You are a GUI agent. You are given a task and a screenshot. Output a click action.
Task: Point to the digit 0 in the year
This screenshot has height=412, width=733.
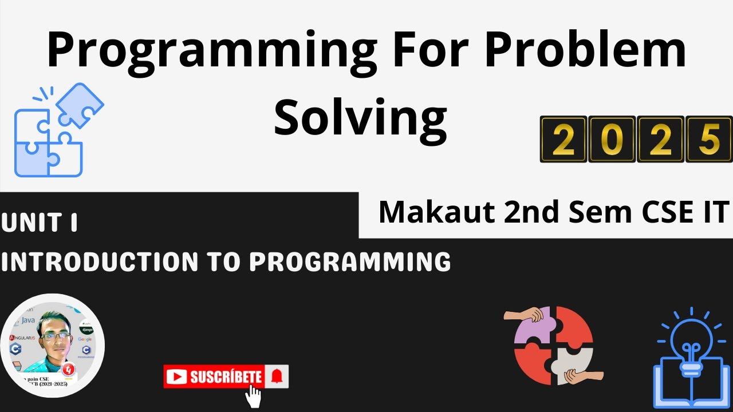tap(612, 140)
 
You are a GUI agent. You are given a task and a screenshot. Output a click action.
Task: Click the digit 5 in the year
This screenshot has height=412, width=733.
tap(709, 140)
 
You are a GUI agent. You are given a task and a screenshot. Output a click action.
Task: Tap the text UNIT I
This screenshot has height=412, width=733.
tap(39, 223)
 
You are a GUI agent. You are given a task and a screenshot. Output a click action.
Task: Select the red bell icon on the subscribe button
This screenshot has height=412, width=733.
tap(277, 377)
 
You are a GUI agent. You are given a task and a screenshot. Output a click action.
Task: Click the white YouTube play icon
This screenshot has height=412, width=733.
tap(177, 377)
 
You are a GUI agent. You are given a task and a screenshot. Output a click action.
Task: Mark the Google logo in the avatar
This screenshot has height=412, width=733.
tap(85, 339)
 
